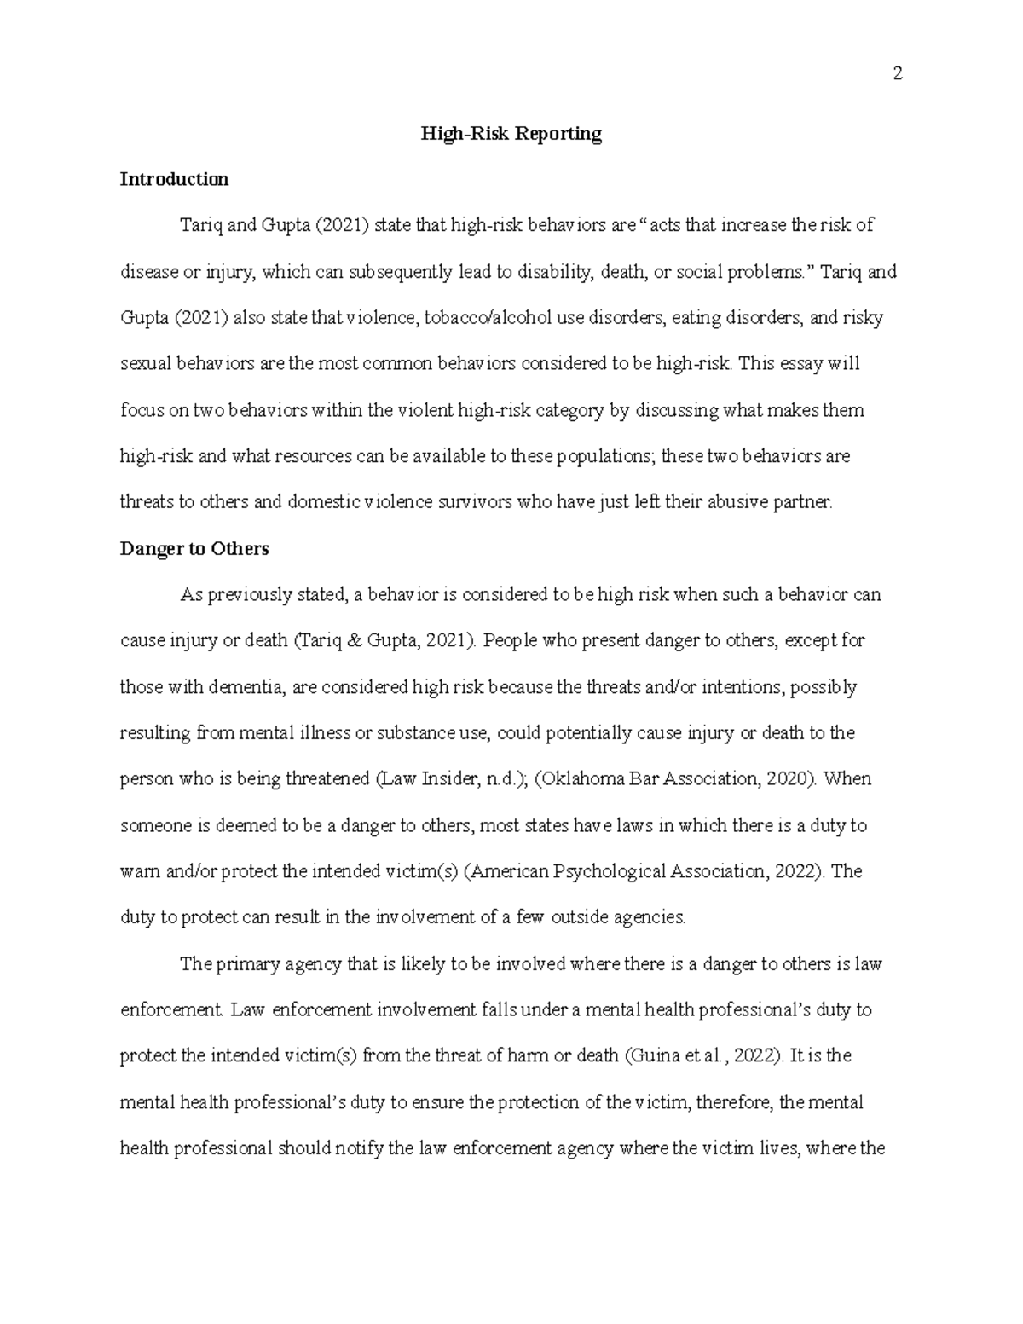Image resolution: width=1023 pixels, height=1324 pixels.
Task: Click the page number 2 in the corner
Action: (897, 73)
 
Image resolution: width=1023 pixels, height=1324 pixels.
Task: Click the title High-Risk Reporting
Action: (511, 134)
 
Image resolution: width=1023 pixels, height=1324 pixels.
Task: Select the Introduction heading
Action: (174, 179)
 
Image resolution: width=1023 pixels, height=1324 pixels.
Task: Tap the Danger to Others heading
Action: (194, 549)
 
